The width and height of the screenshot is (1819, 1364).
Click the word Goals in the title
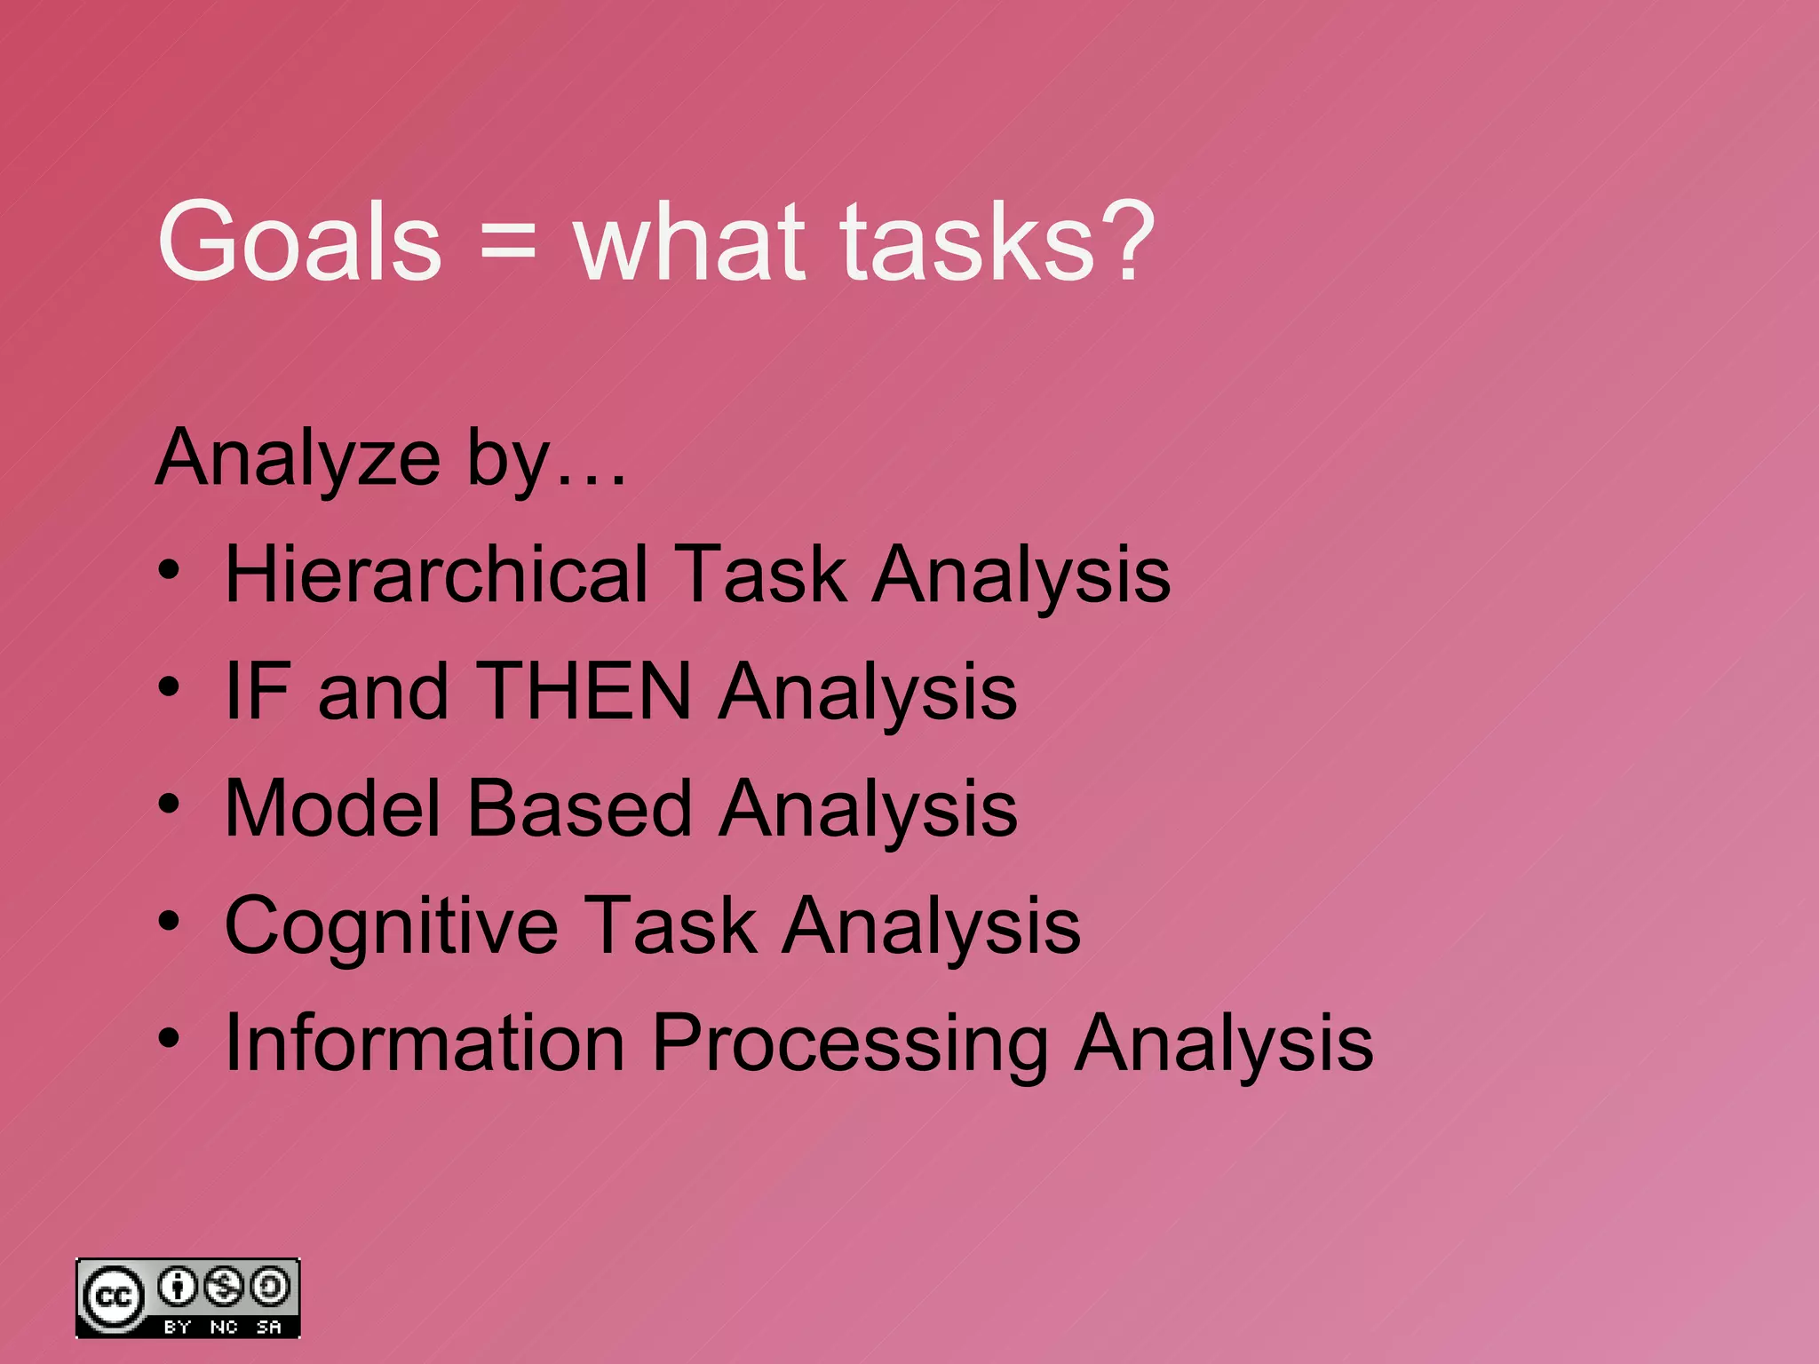[x=299, y=242]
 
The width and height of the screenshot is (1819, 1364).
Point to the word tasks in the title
[x=967, y=242]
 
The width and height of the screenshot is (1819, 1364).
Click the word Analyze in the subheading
[x=298, y=458]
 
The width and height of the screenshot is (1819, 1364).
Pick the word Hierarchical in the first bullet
[x=436, y=575]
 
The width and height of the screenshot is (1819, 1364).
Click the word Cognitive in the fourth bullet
[x=392, y=925]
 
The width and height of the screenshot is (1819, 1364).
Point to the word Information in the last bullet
[x=425, y=1043]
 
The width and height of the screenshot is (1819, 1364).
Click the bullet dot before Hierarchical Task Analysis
[x=169, y=570]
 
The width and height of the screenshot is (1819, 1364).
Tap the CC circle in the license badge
[x=113, y=1297]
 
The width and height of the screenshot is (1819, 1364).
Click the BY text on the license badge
[x=178, y=1327]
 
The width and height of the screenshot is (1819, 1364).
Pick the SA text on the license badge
[x=269, y=1327]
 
